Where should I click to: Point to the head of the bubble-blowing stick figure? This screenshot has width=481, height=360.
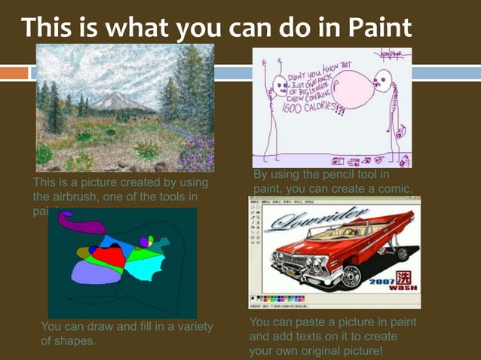point(386,79)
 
